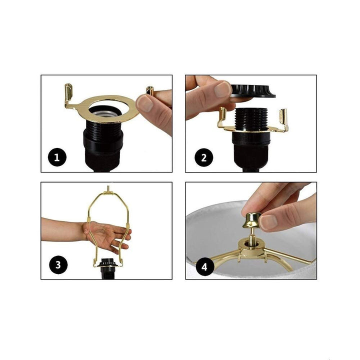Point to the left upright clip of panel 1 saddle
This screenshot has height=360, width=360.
[68, 94]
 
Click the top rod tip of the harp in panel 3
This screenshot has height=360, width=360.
[108, 189]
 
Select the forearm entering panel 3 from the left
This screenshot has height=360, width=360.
[60, 228]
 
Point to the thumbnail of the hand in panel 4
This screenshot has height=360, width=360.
[268, 221]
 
